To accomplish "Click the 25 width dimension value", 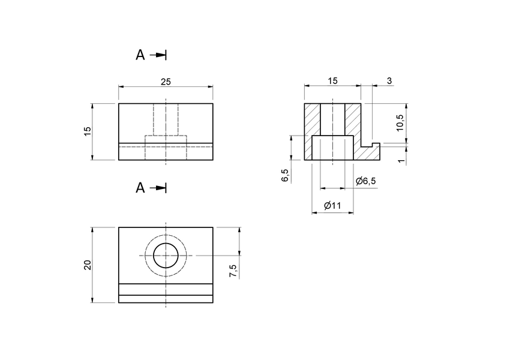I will (x=166, y=82).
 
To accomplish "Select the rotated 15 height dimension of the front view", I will (x=88, y=131).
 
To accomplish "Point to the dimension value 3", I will (x=389, y=81).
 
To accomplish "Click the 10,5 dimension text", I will (x=400, y=122).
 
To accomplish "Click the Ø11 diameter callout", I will (x=332, y=206).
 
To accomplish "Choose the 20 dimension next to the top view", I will (x=88, y=265).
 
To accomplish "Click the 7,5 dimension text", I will (x=233, y=271).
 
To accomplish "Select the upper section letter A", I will (x=140, y=55).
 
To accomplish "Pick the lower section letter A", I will (x=140, y=188).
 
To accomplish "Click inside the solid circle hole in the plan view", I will (x=166, y=256).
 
